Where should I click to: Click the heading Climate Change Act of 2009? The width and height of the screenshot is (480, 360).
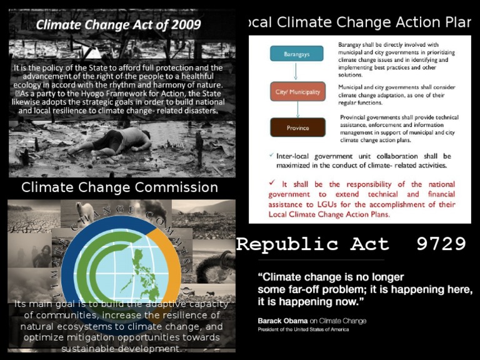119,25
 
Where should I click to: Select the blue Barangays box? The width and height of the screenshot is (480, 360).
297,54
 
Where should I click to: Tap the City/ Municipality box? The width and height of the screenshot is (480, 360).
297,92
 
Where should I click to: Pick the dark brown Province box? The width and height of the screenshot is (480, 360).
297,127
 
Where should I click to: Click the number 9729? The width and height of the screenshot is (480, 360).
441,244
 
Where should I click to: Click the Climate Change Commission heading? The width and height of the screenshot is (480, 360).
119,187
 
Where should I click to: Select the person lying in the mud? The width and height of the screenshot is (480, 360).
126,141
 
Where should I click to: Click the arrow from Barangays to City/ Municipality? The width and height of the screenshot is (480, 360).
297,71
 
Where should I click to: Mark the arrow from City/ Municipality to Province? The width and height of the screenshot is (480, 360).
297,109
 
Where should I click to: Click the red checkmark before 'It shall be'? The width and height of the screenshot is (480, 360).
271,183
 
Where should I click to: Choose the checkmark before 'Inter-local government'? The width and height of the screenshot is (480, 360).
270,155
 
